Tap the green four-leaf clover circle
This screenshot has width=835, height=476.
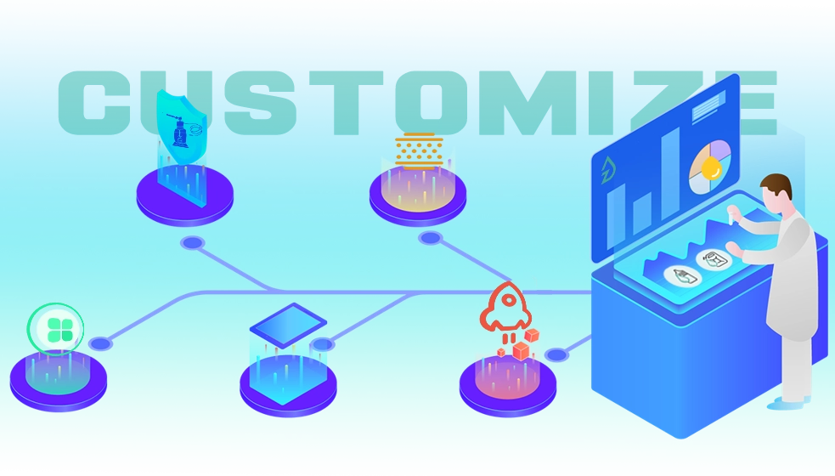[x=55, y=328]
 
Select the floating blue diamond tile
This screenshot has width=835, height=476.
[x=288, y=324]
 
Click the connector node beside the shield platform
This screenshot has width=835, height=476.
[x=194, y=243]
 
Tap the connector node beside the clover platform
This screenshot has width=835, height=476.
[x=100, y=344]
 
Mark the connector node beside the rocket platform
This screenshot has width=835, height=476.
[x=556, y=354]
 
